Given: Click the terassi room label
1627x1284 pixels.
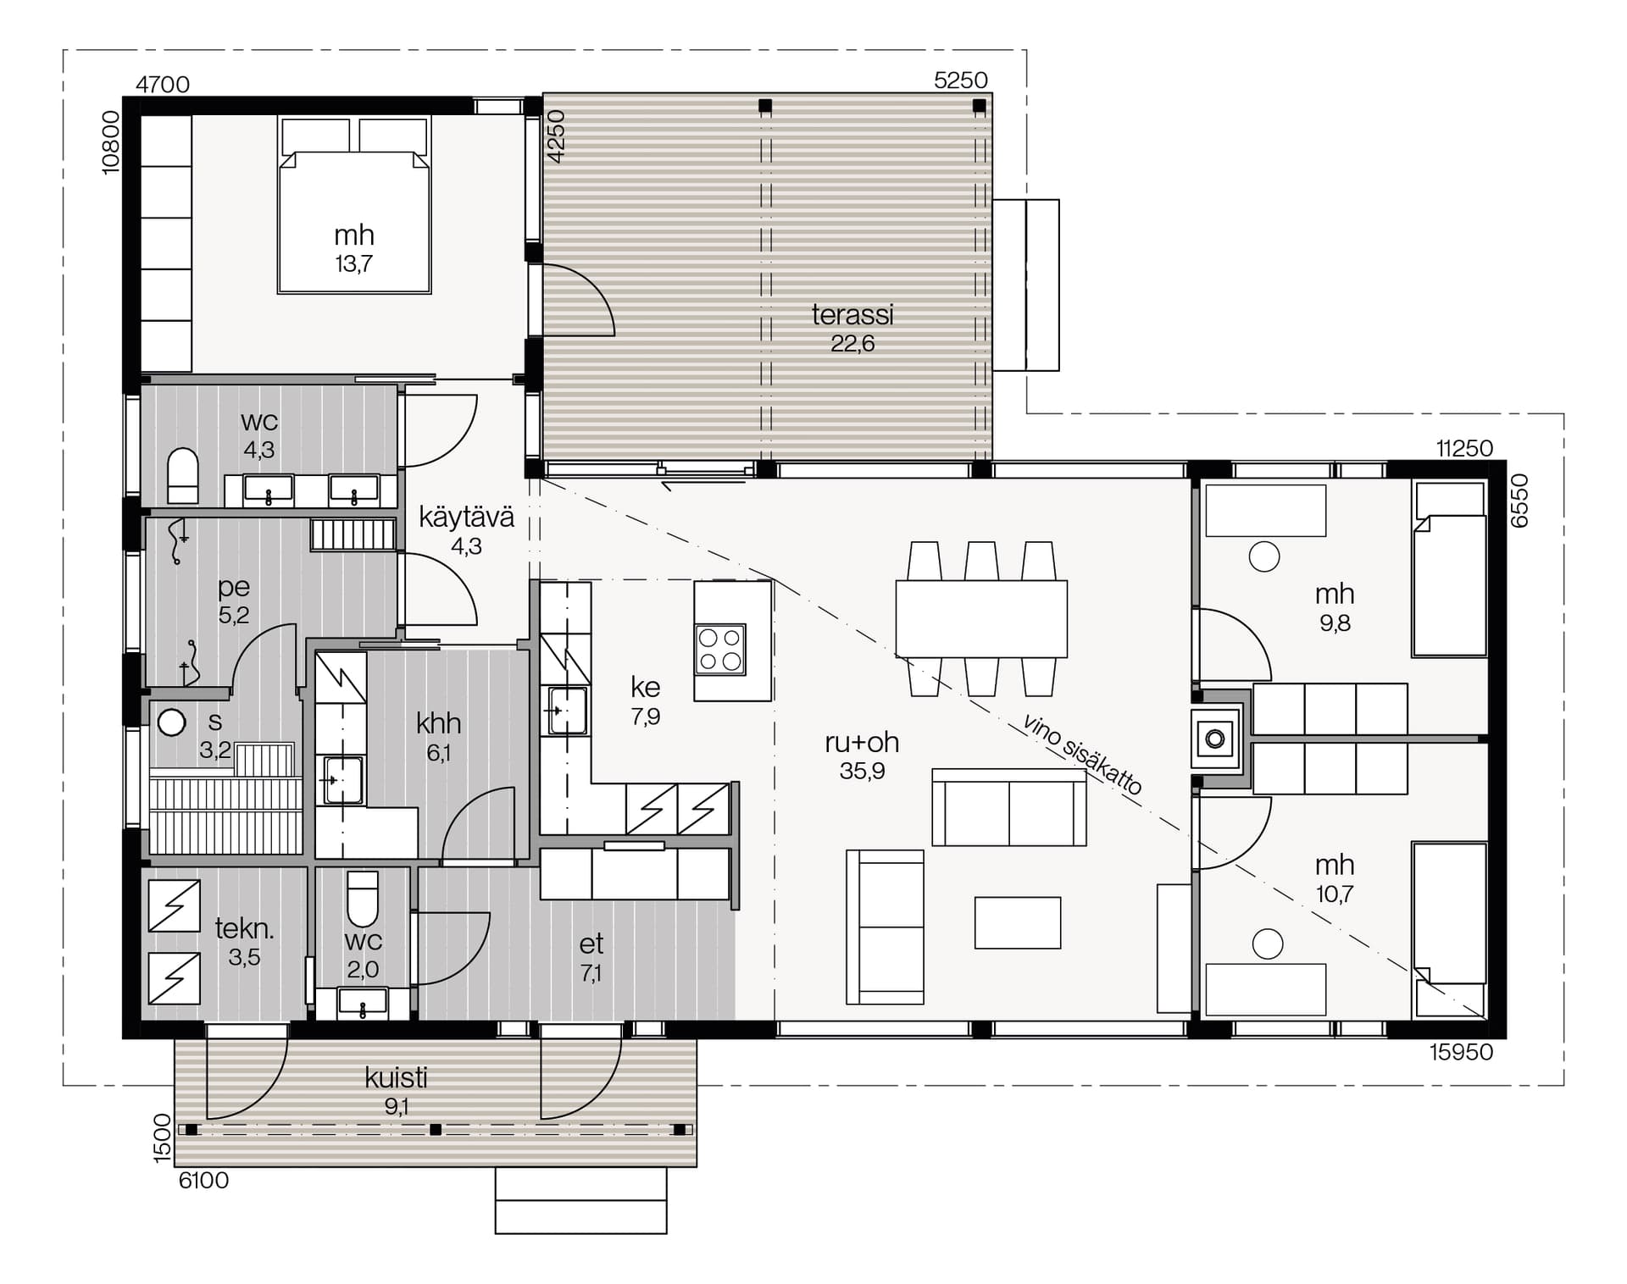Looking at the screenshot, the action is (852, 315).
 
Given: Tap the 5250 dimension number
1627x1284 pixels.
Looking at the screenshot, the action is (961, 80).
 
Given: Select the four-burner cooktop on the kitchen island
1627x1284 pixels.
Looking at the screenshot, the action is (720, 650).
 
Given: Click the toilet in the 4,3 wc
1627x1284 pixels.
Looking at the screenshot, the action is (182, 476).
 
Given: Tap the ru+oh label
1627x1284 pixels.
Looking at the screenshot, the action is (862, 742).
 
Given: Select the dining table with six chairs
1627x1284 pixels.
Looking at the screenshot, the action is (981, 619).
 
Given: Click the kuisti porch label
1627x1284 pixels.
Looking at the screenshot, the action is (396, 1078).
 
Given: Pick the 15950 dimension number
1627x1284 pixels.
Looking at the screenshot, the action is (1461, 1052).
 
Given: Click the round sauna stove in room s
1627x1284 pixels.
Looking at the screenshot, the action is (172, 722).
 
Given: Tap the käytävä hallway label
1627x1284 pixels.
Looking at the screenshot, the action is (467, 517).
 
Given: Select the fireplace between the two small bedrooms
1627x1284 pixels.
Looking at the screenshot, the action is (1215, 739).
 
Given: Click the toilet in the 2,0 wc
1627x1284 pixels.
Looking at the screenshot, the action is (363, 899).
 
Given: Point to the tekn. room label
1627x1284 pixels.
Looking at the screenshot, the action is (244, 929).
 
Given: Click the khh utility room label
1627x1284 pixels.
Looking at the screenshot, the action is (438, 723).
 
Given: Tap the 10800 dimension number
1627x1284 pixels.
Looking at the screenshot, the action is (111, 143).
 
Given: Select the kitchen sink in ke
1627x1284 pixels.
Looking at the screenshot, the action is (567, 710).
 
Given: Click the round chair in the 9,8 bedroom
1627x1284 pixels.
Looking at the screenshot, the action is (1264, 556).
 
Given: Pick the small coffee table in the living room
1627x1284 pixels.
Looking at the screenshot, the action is (1018, 922).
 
